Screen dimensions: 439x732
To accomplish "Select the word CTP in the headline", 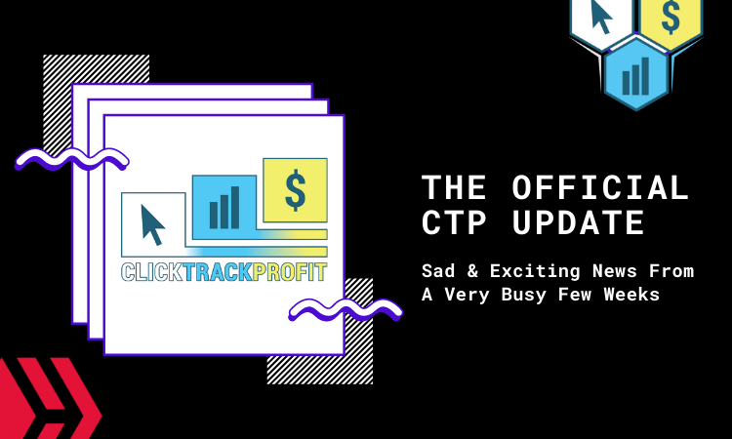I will tap(456, 223).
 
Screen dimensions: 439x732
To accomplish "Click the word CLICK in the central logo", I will tap(152, 272).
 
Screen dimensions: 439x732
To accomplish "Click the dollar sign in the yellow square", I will tap(295, 189).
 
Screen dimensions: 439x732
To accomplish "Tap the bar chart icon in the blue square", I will tap(224, 207).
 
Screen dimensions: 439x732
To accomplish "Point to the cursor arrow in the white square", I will tap(153, 224).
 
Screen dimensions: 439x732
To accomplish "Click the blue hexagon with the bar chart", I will tap(635, 74).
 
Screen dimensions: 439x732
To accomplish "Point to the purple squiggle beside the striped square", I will tap(71, 159).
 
